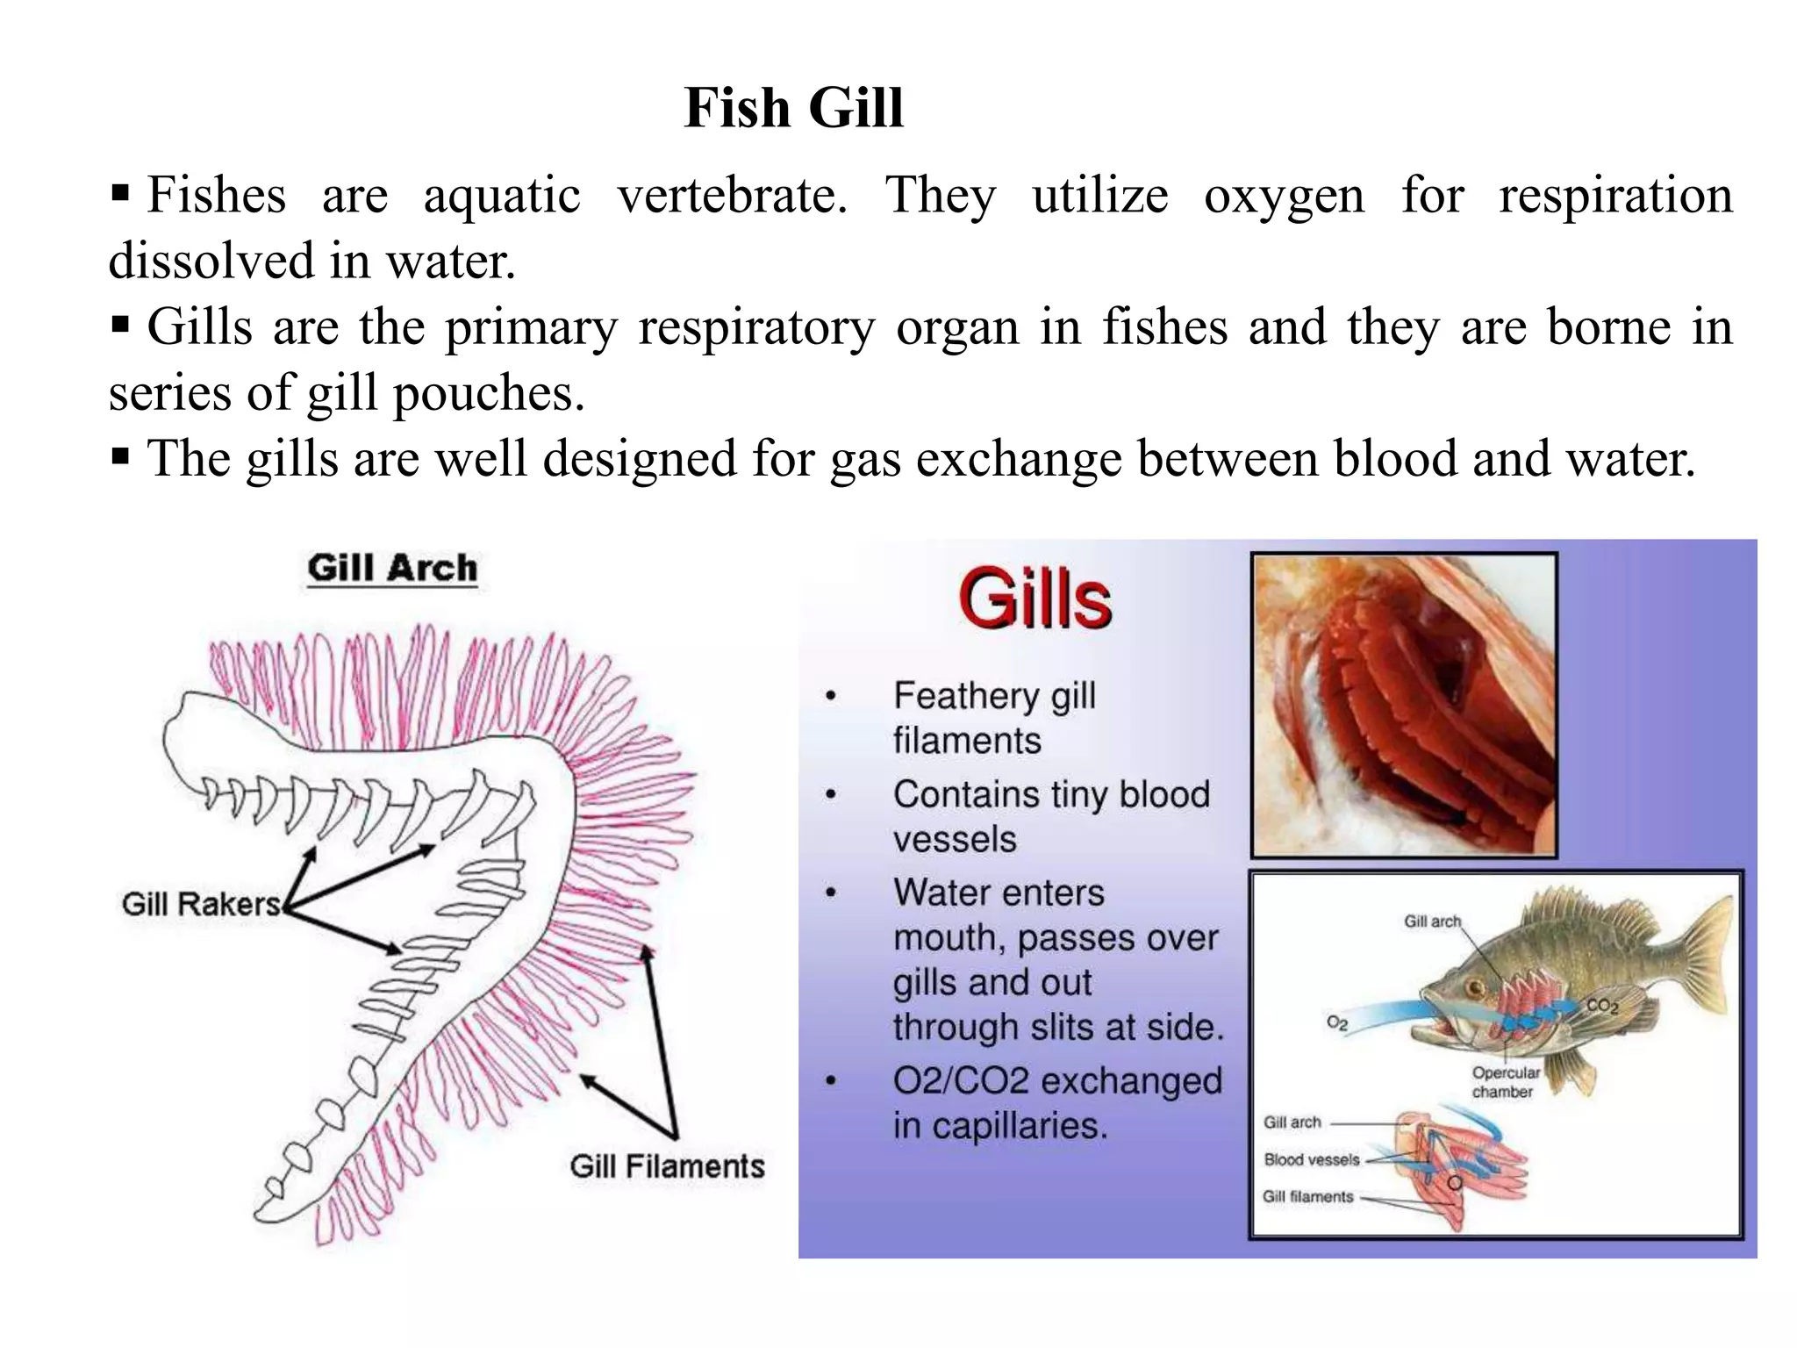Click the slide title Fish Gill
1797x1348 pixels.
pos(793,109)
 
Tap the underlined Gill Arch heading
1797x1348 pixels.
pos(392,569)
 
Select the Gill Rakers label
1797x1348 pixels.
pos(201,904)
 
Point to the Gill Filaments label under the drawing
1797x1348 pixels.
pos(667,1166)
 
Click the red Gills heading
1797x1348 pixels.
pos(1035,600)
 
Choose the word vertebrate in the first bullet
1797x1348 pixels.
pos(732,195)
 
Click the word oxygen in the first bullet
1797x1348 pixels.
pos(1284,197)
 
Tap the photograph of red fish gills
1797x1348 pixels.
pos(1404,705)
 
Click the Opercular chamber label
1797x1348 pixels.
pos(1506,1082)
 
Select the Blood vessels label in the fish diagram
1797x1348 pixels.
pos(1311,1160)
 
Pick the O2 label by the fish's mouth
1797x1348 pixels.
pos(1336,1023)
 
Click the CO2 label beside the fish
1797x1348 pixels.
pos(1602,1007)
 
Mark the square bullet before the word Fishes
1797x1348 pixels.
pos(120,191)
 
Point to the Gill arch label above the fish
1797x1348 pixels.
pos(1432,921)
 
